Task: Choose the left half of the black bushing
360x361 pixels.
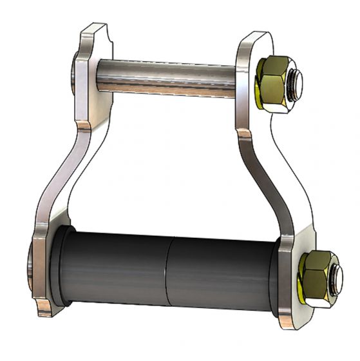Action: click(116, 268)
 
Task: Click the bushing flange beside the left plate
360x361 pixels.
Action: click(59, 264)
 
